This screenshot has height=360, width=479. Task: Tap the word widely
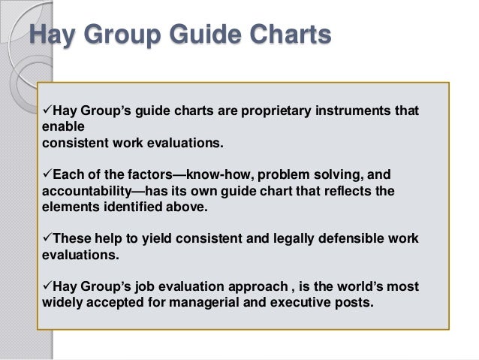pyautogui.click(x=57, y=303)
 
